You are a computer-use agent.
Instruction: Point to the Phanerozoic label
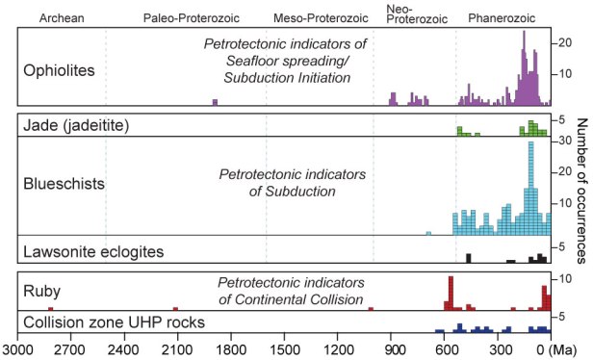[501, 18]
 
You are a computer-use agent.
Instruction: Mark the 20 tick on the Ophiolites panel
[565, 40]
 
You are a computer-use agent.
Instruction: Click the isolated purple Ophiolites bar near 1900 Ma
[215, 102]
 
